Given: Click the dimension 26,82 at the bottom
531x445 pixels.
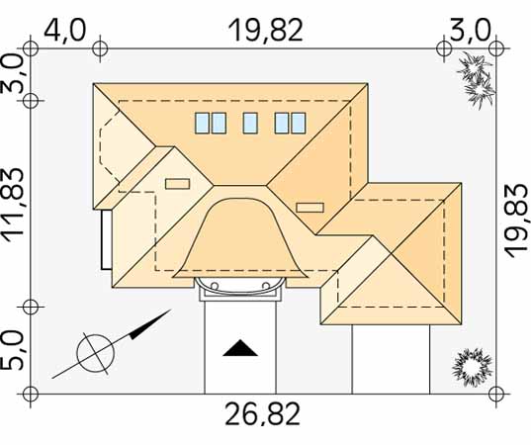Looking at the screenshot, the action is [x=262, y=414].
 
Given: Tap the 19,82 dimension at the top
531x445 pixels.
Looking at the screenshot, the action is [x=265, y=31].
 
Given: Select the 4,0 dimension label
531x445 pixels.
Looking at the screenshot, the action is [x=65, y=30].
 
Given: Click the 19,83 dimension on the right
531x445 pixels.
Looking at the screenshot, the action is [x=516, y=222].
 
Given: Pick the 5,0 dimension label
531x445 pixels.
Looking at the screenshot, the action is [x=13, y=350].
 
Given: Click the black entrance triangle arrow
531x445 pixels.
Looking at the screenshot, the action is [x=240, y=348].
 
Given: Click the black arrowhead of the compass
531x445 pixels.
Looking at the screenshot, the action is [x=150, y=324].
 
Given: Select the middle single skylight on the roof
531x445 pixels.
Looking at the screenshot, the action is [x=250, y=123].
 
